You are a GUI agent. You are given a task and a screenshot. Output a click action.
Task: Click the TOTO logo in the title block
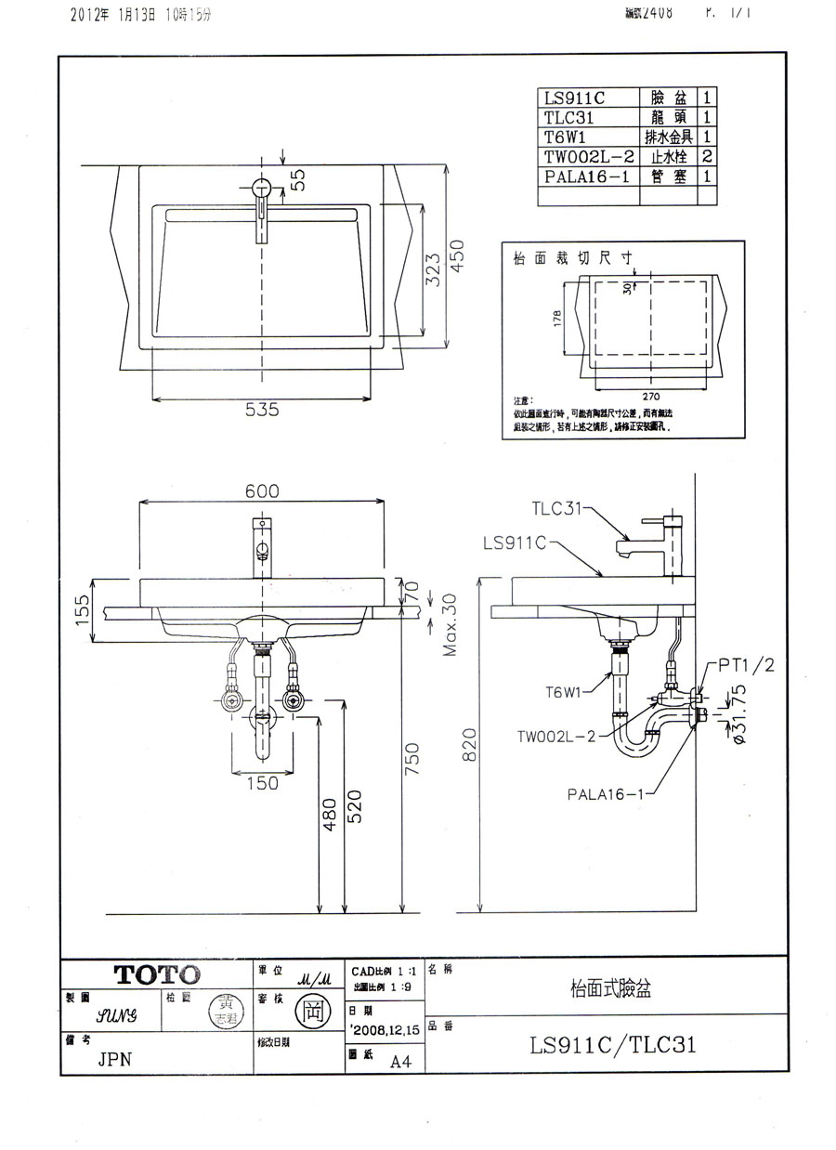157,974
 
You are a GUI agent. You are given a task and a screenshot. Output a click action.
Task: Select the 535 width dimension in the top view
261,410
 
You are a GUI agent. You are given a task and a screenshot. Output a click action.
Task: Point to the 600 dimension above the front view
262,491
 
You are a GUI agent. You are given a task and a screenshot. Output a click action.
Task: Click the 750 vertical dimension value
413,758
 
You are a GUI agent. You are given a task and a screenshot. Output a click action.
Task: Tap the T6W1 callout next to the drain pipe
564,691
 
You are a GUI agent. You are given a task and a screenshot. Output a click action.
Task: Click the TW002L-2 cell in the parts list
589,155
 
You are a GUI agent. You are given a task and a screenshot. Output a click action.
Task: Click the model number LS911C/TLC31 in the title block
612,1045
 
